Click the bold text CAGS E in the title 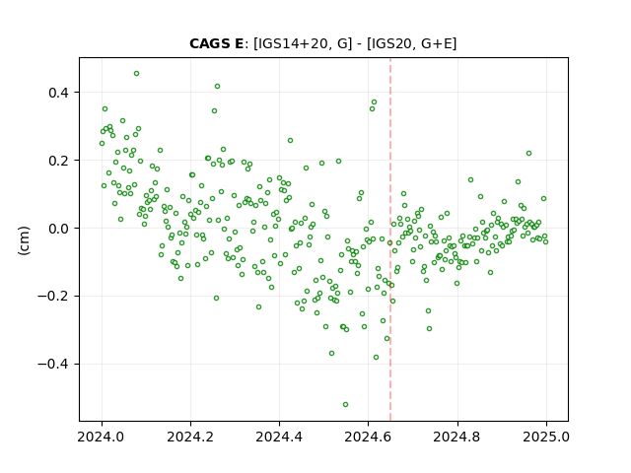click(217, 43)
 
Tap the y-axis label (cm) click(24, 240)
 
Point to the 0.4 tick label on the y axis click(59, 93)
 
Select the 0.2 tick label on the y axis click(59, 161)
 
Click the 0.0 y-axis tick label click(59, 229)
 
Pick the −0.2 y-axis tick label click(53, 297)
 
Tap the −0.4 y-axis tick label click(53, 365)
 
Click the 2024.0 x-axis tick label click(102, 437)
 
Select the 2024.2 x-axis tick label click(190, 437)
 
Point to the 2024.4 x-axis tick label click(279, 437)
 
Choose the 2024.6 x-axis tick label click(368, 437)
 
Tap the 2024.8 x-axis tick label click(457, 437)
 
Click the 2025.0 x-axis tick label click(546, 437)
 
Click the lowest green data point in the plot click(345, 405)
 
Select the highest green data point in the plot click(136, 74)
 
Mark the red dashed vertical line click(390, 239)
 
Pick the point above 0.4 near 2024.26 click(217, 87)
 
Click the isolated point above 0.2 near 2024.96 click(528, 154)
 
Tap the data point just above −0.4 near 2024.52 click(331, 354)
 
